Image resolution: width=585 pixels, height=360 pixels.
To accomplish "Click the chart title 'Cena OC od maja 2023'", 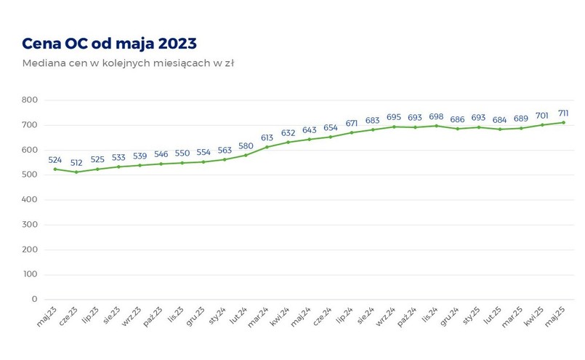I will [109, 43].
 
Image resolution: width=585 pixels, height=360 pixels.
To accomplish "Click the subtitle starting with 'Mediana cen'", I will [128, 63].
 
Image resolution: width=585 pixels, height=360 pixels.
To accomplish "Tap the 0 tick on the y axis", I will [33, 299].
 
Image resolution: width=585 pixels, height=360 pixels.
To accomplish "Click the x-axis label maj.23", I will [47, 317].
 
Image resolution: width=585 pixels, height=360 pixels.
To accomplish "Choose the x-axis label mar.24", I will [258, 317].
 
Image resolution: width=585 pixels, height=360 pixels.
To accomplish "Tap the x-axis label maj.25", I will [554, 317].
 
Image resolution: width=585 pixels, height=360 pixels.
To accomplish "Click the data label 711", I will [563, 113].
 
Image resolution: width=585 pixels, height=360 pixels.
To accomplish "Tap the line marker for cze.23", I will [76, 172].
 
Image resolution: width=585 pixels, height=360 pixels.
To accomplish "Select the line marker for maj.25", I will [563, 122].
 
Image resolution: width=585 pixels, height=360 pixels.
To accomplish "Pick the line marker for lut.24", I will [246, 155].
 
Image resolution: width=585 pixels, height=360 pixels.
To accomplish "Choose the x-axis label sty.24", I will [216, 317].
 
